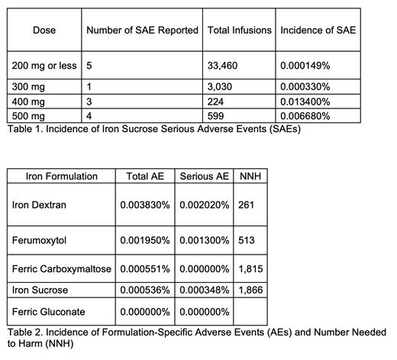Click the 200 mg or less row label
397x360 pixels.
coord(44,66)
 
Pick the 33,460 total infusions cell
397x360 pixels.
coord(222,66)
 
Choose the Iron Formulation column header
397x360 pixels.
coord(62,176)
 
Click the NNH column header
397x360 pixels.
coord(249,176)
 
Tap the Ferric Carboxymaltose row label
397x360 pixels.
coord(62,269)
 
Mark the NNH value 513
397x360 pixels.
coord(246,240)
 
